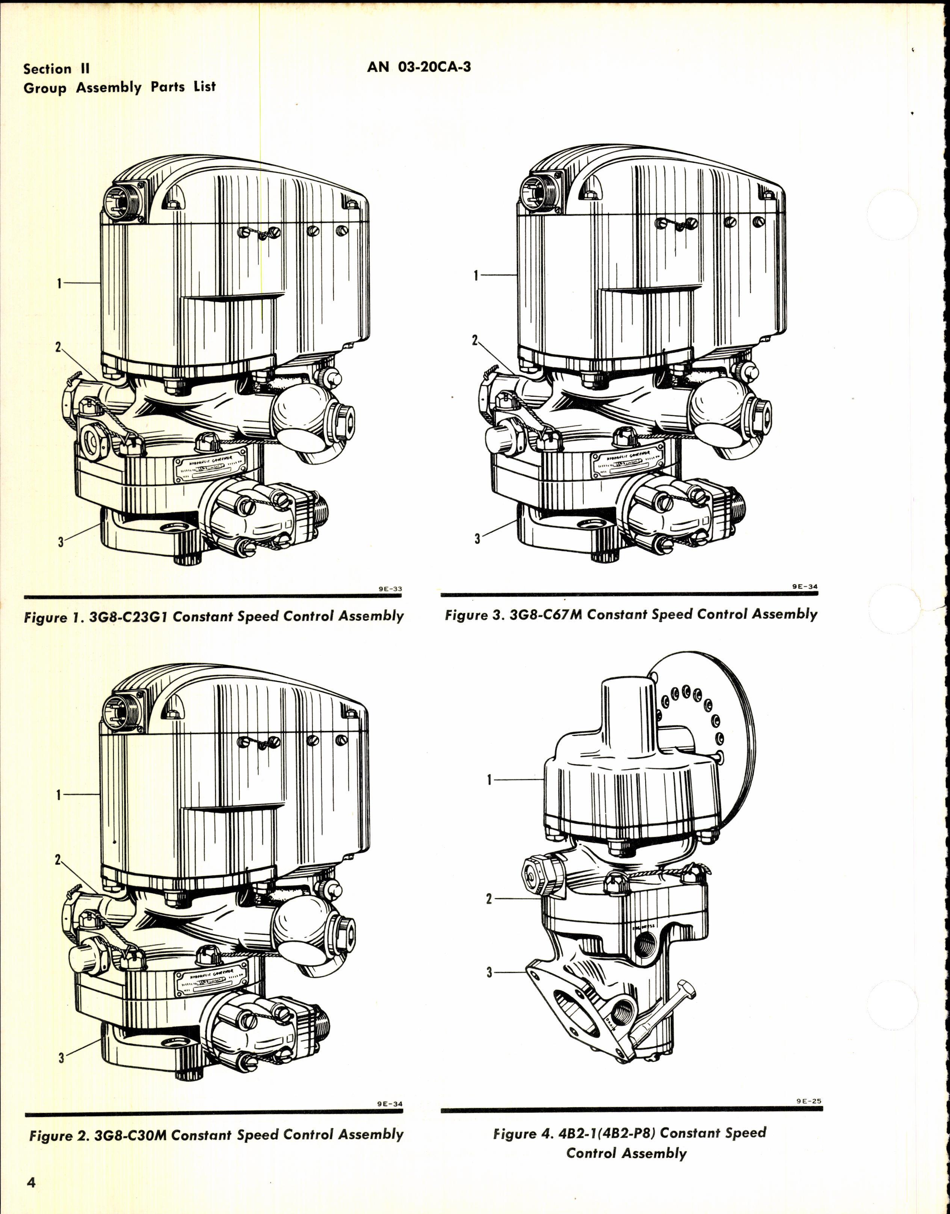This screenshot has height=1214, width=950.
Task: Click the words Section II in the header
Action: pyautogui.click(x=56, y=69)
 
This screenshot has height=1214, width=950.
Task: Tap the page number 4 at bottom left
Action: pyautogui.click(x=31, y=1182)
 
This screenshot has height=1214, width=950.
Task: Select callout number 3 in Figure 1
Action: pyautogui.click(x=60, y=541)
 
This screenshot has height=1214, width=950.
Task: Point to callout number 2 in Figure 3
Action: pyautogui.click(x=475, y=340)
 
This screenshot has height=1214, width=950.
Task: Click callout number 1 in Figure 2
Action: pyautogui.click(x=59, y=795)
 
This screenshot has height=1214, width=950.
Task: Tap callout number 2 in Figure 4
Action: pyautogui.click(x=489, y=898)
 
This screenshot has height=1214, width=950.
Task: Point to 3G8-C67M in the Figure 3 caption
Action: pyautogui.click(x=545, y=615)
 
